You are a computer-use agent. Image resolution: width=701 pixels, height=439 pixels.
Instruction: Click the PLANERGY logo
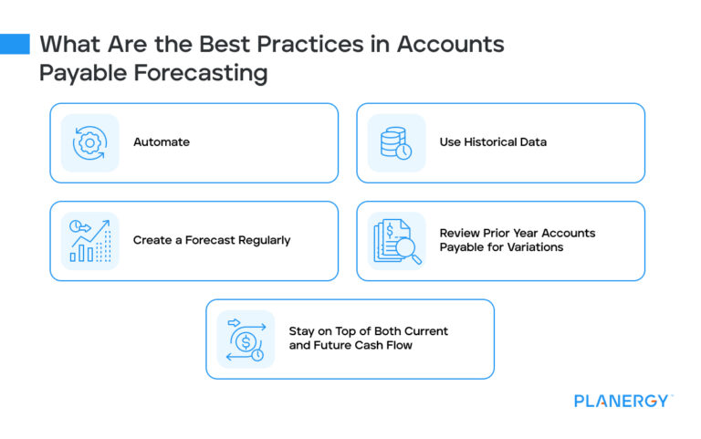[x=623, y=401]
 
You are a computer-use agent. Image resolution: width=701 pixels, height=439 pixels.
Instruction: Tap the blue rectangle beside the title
[x=15, y=44]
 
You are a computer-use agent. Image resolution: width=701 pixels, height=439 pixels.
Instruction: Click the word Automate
[x=162, y=142]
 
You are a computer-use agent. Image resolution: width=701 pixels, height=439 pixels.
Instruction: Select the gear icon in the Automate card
[x=89, y=142]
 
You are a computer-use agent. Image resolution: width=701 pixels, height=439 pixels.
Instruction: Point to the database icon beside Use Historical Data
[x=396, y=143]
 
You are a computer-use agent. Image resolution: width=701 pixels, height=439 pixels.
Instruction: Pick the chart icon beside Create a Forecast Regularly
[x=89, y=241]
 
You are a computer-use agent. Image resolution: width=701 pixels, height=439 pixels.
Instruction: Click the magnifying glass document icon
[x=396, y=241]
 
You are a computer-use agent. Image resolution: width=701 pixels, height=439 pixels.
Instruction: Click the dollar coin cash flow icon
[x=246, y=339]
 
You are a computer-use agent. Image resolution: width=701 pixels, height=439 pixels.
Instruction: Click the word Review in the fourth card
[x=461, y=234]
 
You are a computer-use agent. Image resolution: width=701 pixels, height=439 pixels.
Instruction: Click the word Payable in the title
[x=75, y=73]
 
